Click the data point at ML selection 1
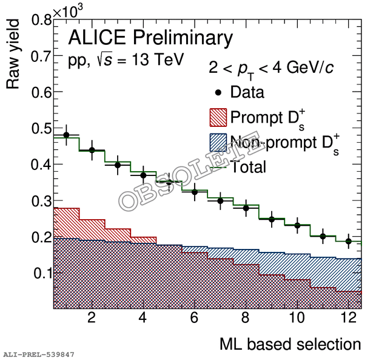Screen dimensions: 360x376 coord(66,135)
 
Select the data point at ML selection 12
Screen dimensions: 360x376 coord(349,241)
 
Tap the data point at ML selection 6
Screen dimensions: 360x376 coord(195,192)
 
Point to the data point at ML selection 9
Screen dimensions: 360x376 coord(272,219)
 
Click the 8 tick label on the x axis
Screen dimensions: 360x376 coord(246,318)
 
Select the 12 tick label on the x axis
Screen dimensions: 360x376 coord(348,318)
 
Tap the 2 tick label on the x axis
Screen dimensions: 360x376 coord(92,318)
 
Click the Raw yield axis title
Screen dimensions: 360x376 coord(13,55)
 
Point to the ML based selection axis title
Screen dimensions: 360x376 coord(290,344)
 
